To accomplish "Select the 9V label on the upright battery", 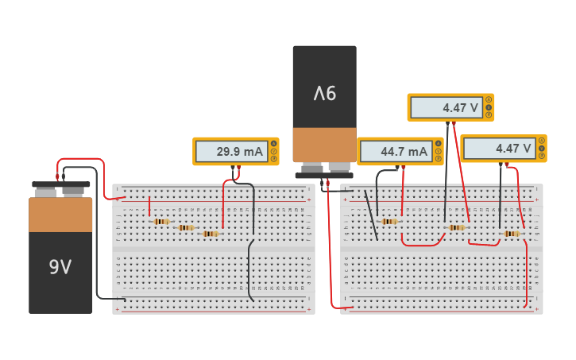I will [60, 267].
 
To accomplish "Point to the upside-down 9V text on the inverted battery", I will [324, 94].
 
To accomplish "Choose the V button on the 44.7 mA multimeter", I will [439, 151].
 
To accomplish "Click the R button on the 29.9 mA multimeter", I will [274, 159].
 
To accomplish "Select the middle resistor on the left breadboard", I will [186, 227].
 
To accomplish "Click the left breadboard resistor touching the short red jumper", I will [161, 222].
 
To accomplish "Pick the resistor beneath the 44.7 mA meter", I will [389, 222].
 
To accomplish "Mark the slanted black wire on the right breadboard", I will [370, 215].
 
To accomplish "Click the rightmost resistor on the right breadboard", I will [512, 234].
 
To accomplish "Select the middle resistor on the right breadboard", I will [456, 227].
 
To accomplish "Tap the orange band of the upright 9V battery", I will [60, 215].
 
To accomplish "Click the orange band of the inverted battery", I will [324, 145].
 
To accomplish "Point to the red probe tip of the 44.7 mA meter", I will [403, 168].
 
